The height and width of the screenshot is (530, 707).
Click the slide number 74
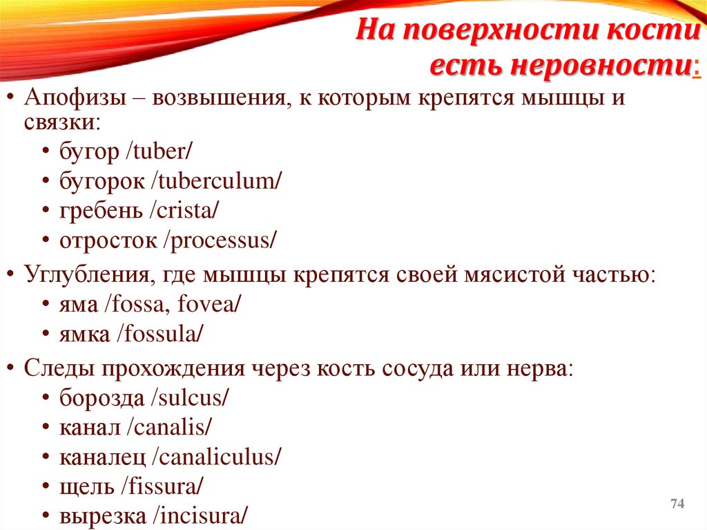(677, 504)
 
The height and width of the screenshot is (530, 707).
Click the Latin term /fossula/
(159, 334)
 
